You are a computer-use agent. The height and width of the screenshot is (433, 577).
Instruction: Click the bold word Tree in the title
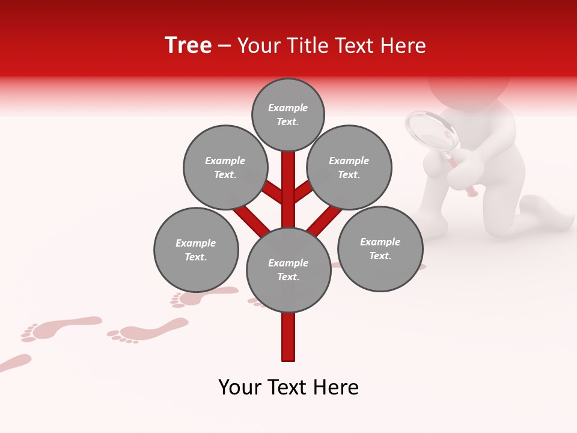(188, 46)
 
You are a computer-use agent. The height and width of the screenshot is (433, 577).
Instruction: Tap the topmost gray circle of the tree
(288, 114)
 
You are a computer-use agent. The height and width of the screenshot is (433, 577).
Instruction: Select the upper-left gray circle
(225, 167)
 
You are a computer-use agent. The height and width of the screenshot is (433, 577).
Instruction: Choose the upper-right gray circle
(349, 167)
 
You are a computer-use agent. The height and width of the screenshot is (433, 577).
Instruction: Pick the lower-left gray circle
(196, 250)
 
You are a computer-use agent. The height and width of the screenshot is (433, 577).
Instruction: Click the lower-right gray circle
(380, 248)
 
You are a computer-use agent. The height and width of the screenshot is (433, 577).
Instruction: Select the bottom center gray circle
(288, 270)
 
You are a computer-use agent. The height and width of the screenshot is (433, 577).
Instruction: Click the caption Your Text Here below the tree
(288, 387)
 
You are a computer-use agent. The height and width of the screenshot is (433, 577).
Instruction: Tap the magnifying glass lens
(432, 131)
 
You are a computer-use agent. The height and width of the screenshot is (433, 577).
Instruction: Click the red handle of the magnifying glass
(470, 188)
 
